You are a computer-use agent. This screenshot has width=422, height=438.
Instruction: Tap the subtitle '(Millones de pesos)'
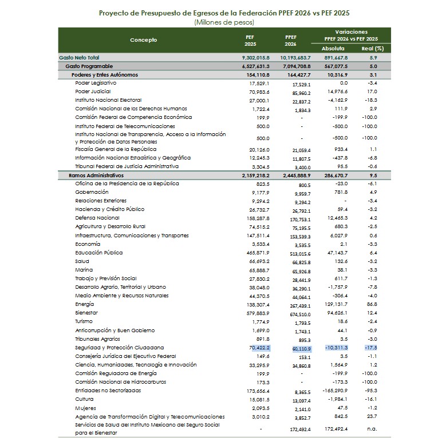[x=224, y=22]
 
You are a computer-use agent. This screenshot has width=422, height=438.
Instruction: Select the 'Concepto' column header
[x=143, y=40]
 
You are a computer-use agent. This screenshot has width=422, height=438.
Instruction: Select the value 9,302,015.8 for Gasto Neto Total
[x=256, y=58]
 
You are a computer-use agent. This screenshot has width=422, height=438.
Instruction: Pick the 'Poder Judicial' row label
[x=93, y=91]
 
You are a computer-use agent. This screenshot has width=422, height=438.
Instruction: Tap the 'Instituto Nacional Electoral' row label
[x=108, y=100]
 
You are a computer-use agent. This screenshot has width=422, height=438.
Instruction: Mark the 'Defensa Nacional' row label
[x=97, y=218]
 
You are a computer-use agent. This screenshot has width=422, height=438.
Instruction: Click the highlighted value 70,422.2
[x=259, y=347]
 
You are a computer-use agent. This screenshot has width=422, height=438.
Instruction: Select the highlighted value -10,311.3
[x=336, y=347]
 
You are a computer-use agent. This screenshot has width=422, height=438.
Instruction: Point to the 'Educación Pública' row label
[x=99, y=252]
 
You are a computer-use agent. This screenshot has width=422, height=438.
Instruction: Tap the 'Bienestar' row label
[x=86, y=313]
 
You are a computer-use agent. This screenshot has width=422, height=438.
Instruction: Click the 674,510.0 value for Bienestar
[x=298, y=313]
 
